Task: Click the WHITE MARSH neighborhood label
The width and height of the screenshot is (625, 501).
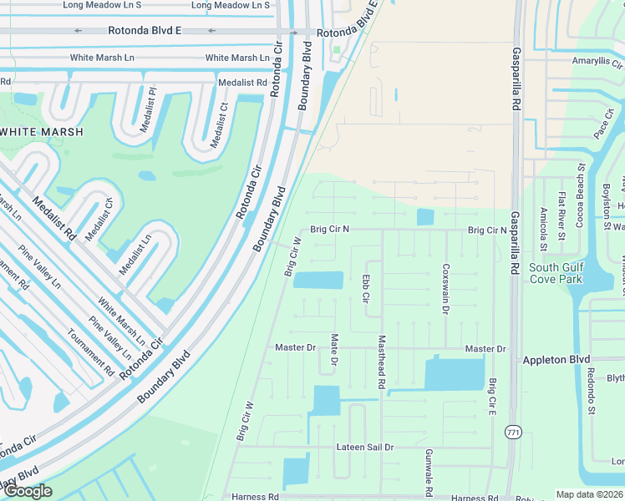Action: (42, 132)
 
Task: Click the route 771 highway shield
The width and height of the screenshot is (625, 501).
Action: (513, 432)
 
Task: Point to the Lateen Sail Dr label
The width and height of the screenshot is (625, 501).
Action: (364, 448)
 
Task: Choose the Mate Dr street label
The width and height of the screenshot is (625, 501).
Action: (333, 351)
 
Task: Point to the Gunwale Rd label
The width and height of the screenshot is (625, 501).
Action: (428, 468)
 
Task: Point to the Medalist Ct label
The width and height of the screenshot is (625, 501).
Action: (220, 125)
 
